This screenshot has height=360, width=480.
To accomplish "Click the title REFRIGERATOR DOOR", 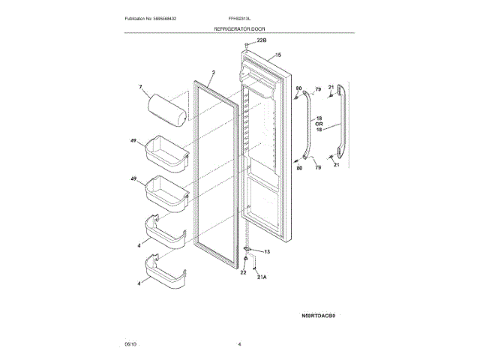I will click(x=239, y=28).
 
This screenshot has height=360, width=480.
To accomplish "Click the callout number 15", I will click(x=277, y=55).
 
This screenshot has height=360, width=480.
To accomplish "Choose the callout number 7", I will click(x=139, y=88).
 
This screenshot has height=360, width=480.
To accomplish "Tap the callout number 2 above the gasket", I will click(x=213, y=73).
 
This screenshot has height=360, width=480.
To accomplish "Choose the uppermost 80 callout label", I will click(x=298, y=89).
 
